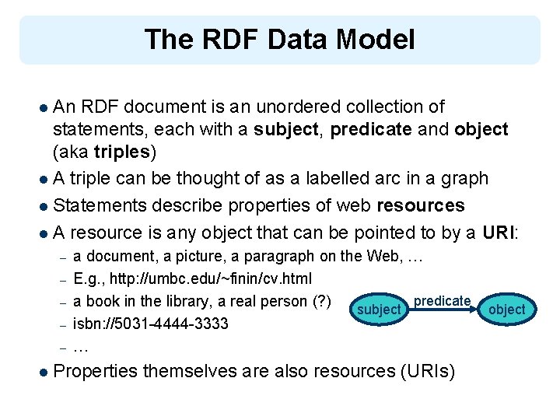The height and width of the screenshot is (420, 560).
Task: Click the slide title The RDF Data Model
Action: [x=279, y=39]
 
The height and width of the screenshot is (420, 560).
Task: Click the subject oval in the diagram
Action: [x=379, y=310]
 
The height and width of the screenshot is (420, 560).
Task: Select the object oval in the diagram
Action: [x=507, y=310]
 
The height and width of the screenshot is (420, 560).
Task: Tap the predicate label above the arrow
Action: [x=442, y=300]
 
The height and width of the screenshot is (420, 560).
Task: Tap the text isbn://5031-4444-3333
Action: [x=151, y=323]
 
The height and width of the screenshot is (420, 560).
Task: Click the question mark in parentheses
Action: [x=323, y=301]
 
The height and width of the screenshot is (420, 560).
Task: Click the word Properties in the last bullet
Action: [x=96, y=372]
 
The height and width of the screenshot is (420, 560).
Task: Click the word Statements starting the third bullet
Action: [x=101, y=205]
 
